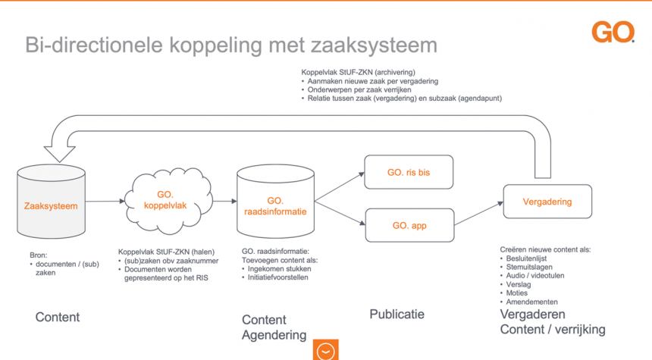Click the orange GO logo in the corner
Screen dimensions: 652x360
613,33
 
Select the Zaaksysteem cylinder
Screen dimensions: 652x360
51,202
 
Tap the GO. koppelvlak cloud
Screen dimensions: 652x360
168,200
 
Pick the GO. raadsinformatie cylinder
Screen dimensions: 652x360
275,201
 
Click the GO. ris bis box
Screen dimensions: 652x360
409,172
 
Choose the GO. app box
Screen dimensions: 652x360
409,225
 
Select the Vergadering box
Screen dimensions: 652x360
547,202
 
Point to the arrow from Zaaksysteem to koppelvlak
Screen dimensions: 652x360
105,201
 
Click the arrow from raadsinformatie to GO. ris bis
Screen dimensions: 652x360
340,187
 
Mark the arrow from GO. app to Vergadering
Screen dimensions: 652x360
478,214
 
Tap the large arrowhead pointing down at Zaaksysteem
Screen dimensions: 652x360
59,154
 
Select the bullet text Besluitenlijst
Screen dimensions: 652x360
526,258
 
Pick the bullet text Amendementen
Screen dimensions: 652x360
531,302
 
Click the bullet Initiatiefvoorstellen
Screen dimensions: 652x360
277,277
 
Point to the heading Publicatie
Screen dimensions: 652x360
397,315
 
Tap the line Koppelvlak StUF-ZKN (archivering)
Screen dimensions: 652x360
358,72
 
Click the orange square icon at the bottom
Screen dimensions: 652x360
325,349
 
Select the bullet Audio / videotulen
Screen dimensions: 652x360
535,276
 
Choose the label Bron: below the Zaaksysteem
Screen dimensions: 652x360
38,255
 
